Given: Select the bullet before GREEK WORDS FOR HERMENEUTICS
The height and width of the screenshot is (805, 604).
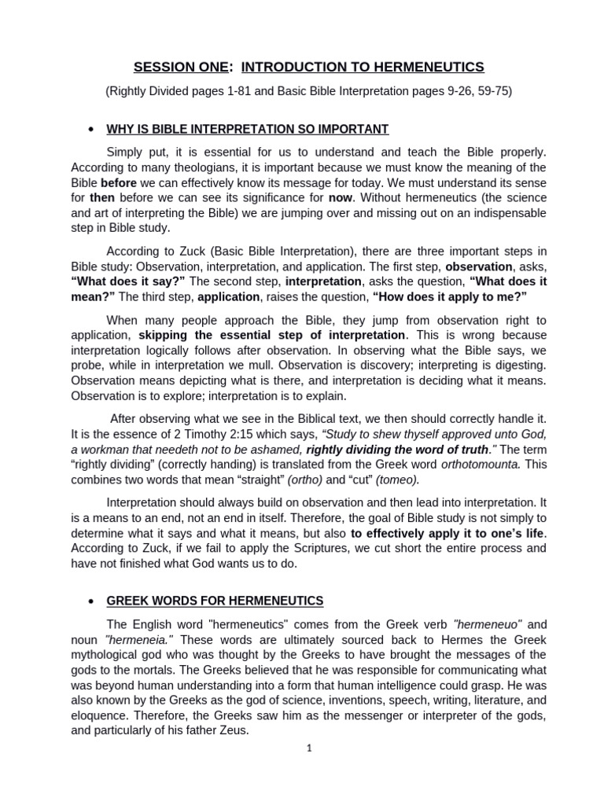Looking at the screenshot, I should tap(92, 601).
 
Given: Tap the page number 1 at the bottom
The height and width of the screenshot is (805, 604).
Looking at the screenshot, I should tap(310, 748).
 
